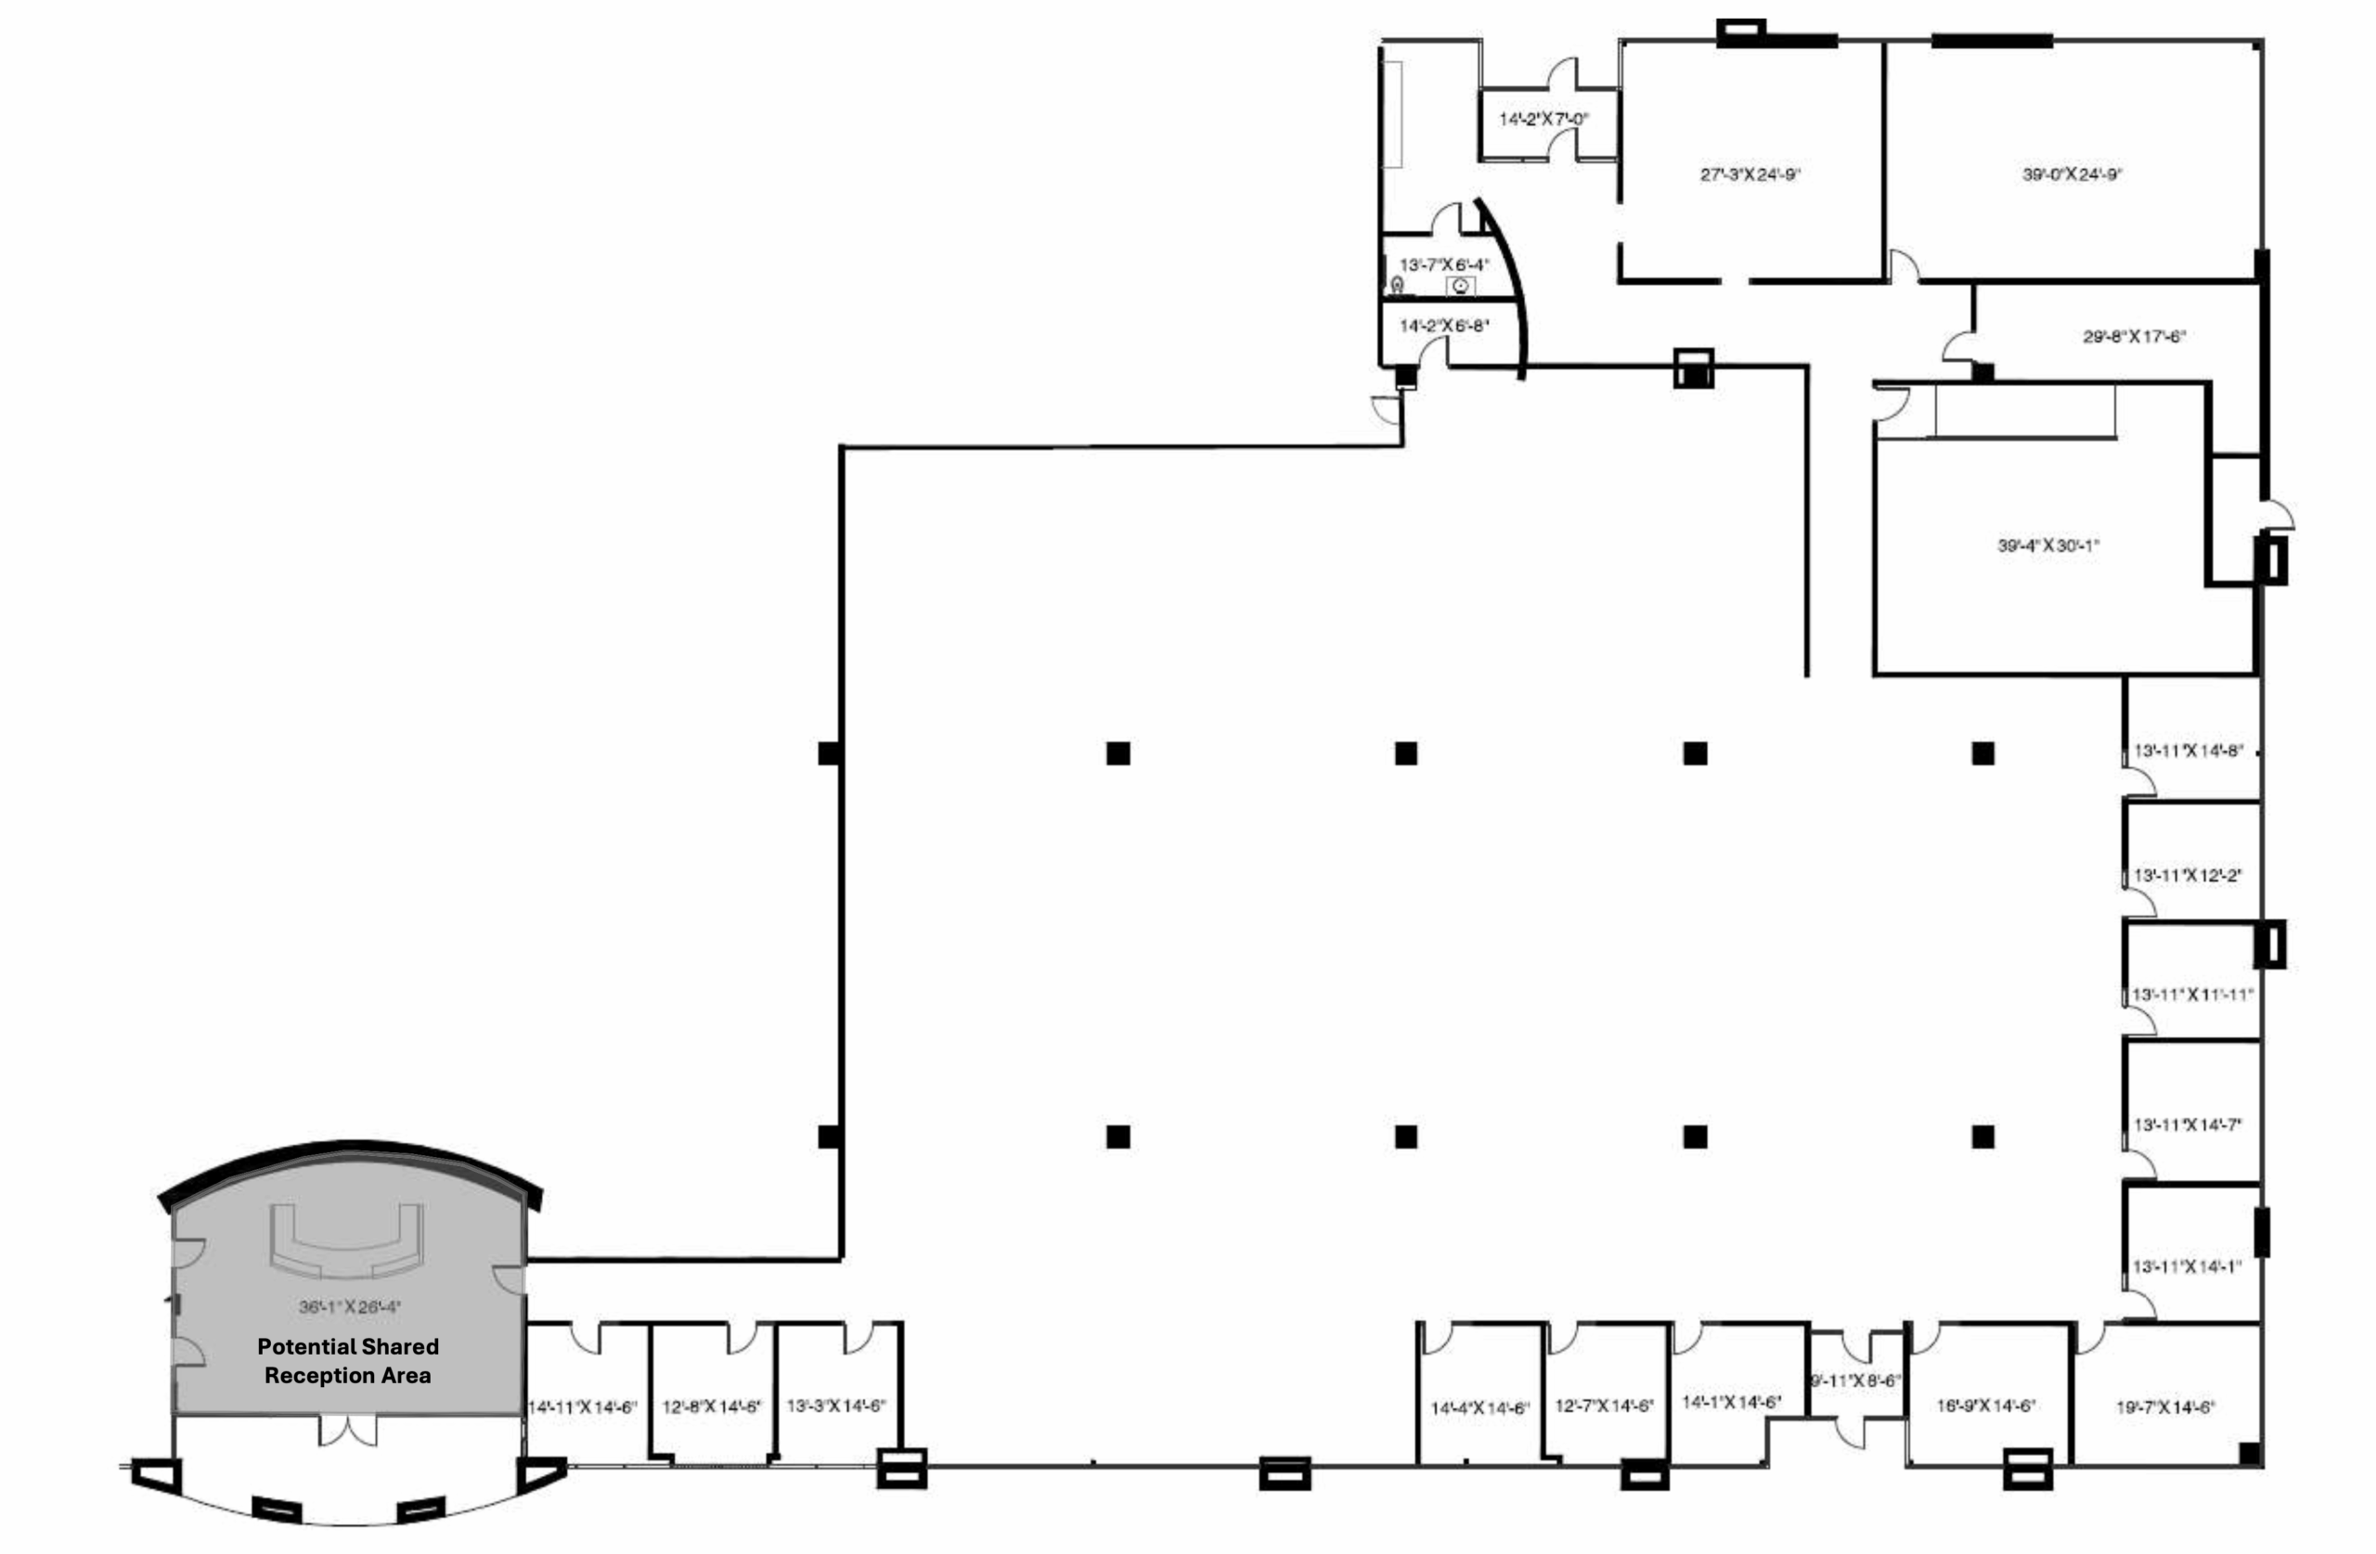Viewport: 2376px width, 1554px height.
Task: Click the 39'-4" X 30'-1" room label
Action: pos(2047,546)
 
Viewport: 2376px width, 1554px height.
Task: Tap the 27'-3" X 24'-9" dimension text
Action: pos(1750,174)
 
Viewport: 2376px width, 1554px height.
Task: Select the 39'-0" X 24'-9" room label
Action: pos(2073,174)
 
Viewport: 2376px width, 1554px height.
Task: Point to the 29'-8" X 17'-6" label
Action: pos(2135,338)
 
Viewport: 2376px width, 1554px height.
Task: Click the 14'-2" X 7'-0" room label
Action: pos(1543,120)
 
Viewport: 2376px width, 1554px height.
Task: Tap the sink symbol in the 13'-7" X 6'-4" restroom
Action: pos(1461,288)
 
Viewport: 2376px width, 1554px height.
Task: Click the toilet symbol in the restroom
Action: pos(1398,287)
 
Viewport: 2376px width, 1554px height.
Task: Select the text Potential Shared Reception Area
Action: pos(347,1360)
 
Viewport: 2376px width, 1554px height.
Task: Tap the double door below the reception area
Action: pos(347,1431)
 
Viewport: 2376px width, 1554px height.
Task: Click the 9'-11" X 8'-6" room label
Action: pos(1855,1381)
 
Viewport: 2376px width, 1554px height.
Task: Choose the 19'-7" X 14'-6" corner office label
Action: pos(2165,1407)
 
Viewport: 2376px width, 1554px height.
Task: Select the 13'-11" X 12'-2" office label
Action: pos(2189,875)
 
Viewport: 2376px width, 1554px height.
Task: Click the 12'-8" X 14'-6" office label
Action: pos(712,1406)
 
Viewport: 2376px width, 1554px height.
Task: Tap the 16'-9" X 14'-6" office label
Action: pos(1985,1406)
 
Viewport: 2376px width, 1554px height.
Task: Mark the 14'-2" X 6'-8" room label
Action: pos(1443,327)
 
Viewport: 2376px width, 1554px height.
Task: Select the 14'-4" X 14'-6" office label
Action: pos(1479,1408)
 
